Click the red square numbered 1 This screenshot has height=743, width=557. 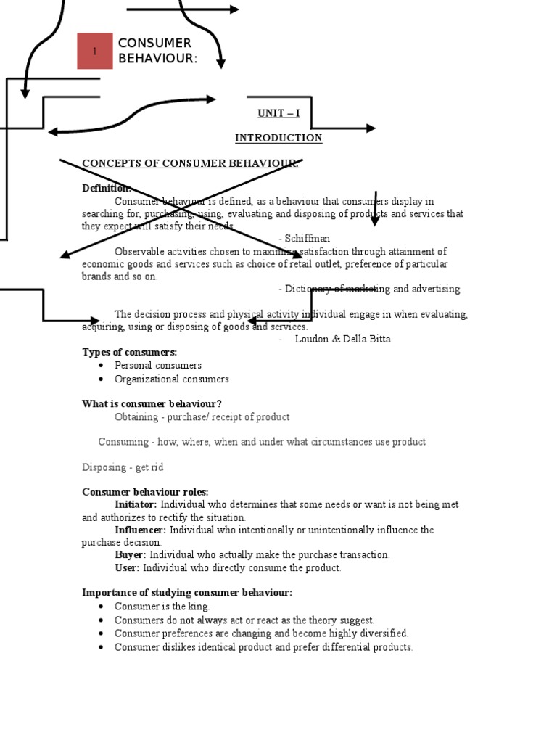tap(95, 51)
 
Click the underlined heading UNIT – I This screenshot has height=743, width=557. tap(278, 113)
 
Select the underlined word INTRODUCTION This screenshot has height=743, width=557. tap(278, 138)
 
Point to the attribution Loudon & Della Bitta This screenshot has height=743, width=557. tap(342, 339)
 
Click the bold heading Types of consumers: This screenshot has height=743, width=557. tap(129, 352)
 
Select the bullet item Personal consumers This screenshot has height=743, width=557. tap(158, 366)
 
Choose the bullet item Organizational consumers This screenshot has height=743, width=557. tap(171, 379)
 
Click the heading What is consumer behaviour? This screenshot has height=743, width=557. tap(152, 403)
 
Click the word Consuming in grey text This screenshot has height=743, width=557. tap(123, 442)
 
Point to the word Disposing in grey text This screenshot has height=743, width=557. tap(103, 467)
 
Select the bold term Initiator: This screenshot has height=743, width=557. tap(136, 505)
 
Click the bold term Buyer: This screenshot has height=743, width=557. tap(131, 555)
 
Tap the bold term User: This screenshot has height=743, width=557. tap(128, 568)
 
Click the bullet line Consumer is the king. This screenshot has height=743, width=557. tap(162, 607)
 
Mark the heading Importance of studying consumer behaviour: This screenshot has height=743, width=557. tap(187, 593)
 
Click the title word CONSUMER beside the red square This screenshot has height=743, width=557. tap(154, 44)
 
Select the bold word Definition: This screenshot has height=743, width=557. tap(106, 189)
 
